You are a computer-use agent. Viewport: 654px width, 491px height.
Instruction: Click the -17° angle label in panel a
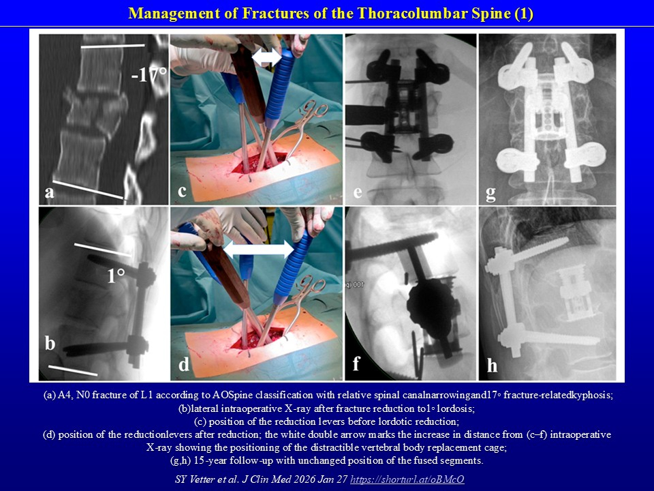click(x=149, y=74)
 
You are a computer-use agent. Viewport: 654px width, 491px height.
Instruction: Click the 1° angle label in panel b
click(x=116, y=276)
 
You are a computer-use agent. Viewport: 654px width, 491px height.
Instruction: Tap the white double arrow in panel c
click(x=267, y=57)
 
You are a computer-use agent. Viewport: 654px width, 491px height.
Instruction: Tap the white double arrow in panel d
click(x=259, y=250)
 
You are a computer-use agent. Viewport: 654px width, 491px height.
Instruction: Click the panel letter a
click(x=50, y=192)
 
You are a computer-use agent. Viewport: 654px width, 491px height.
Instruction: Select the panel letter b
click(x=50, y=343)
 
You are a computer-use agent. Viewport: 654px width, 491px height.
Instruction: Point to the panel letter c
click(x=182, y=192)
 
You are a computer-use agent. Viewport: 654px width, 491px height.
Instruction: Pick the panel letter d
click(x=183, y=363)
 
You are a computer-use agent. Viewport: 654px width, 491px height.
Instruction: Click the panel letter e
click(x=358, y=192)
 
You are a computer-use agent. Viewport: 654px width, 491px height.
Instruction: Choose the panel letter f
click(x=356, y=363)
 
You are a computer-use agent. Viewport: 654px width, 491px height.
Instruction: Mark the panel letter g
click(x=491, y=193)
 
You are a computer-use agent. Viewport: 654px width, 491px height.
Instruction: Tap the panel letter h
click(x=492, y=365)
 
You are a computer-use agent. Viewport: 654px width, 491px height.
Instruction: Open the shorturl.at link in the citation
click(x=407, y=479)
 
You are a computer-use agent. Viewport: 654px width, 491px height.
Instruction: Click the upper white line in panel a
click(x=112, y=46)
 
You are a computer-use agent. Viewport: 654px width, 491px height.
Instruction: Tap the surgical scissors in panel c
click(x=302, y=127)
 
